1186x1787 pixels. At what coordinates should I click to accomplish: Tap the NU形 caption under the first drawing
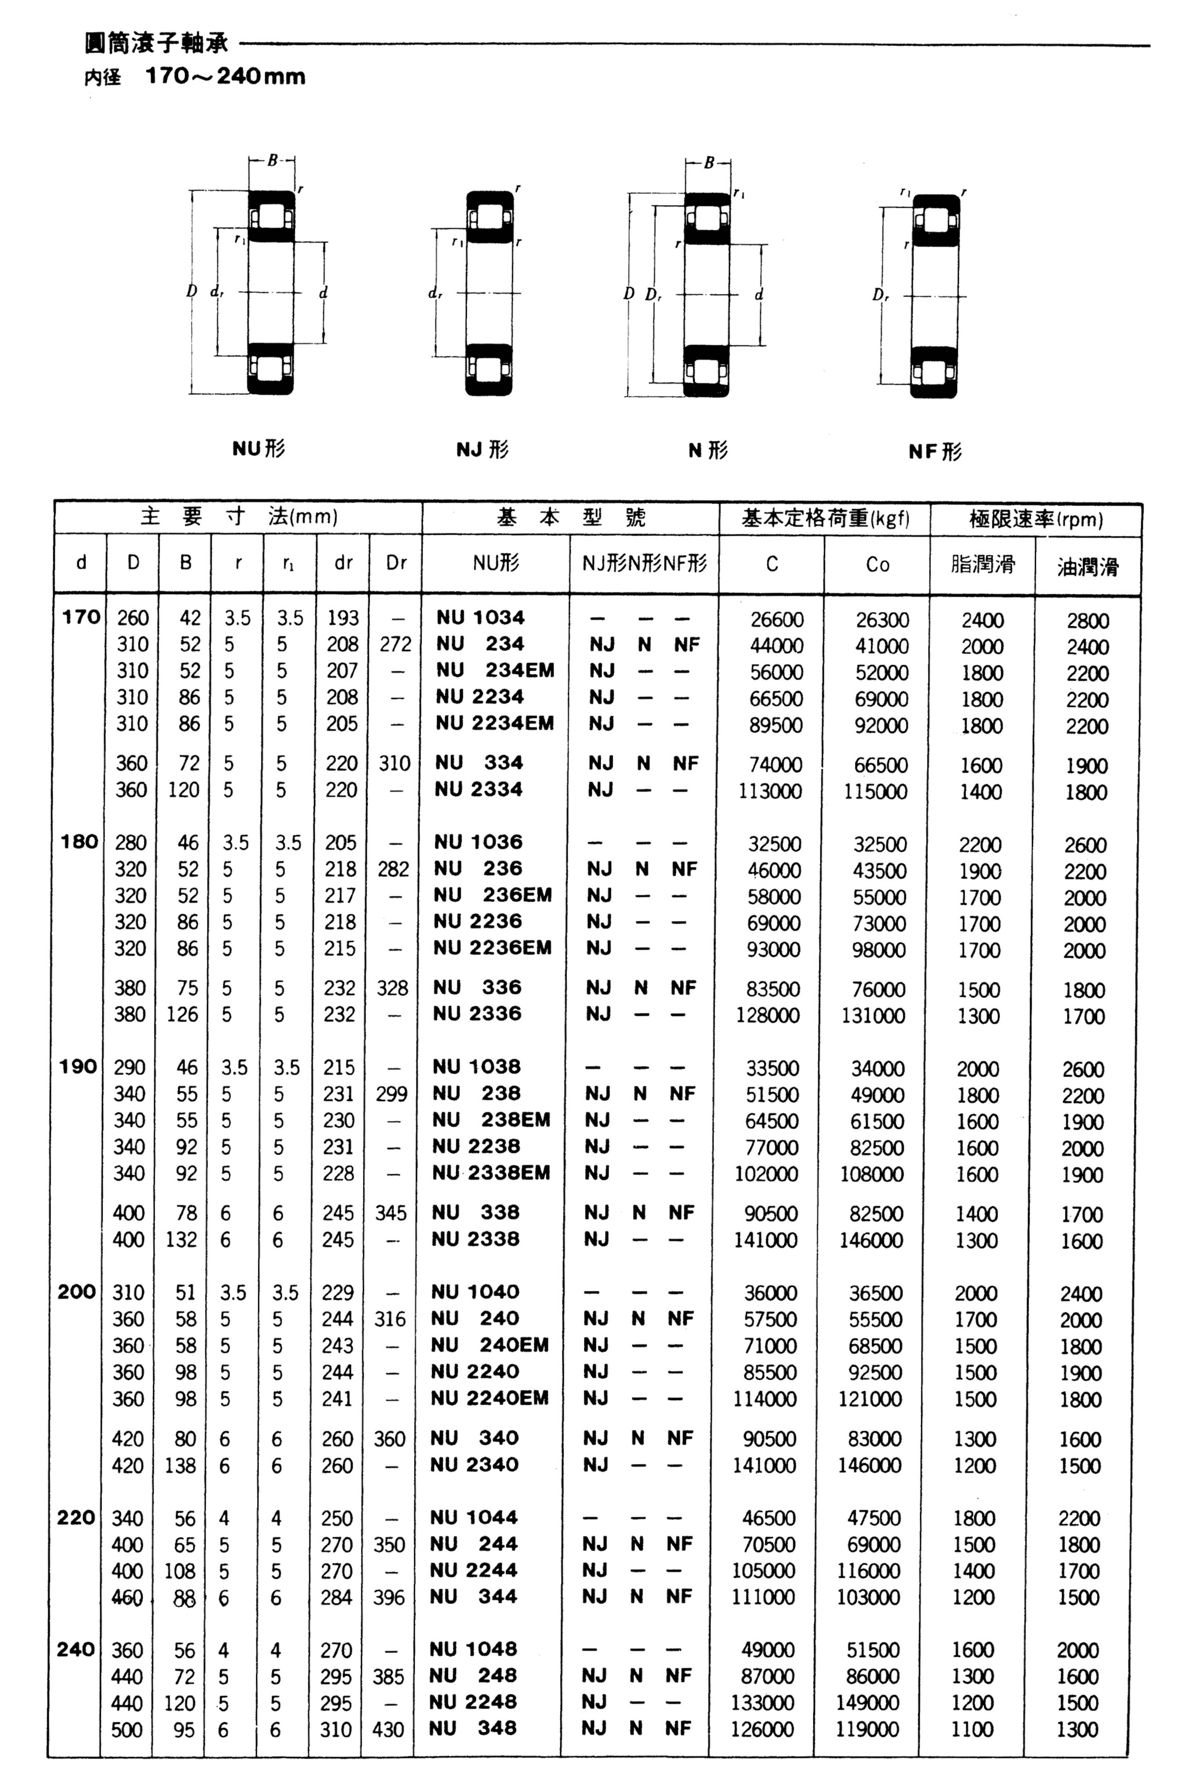tap(258, 449)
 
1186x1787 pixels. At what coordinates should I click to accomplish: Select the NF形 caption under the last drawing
tap(935, 452)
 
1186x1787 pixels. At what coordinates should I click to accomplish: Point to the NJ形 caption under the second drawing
tap(483, 450)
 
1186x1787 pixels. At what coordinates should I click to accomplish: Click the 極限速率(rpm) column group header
tap(1035, 519)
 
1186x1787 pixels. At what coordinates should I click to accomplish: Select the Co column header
tap(877, 564)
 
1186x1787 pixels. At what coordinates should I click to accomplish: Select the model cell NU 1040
tap(475, 1291)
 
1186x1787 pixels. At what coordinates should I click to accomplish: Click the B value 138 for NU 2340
tap(180, 1465)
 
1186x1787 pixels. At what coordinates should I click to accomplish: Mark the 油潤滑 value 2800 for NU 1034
tap(1088, 620)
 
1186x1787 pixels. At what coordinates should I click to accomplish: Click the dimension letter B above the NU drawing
tap(272, 160)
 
